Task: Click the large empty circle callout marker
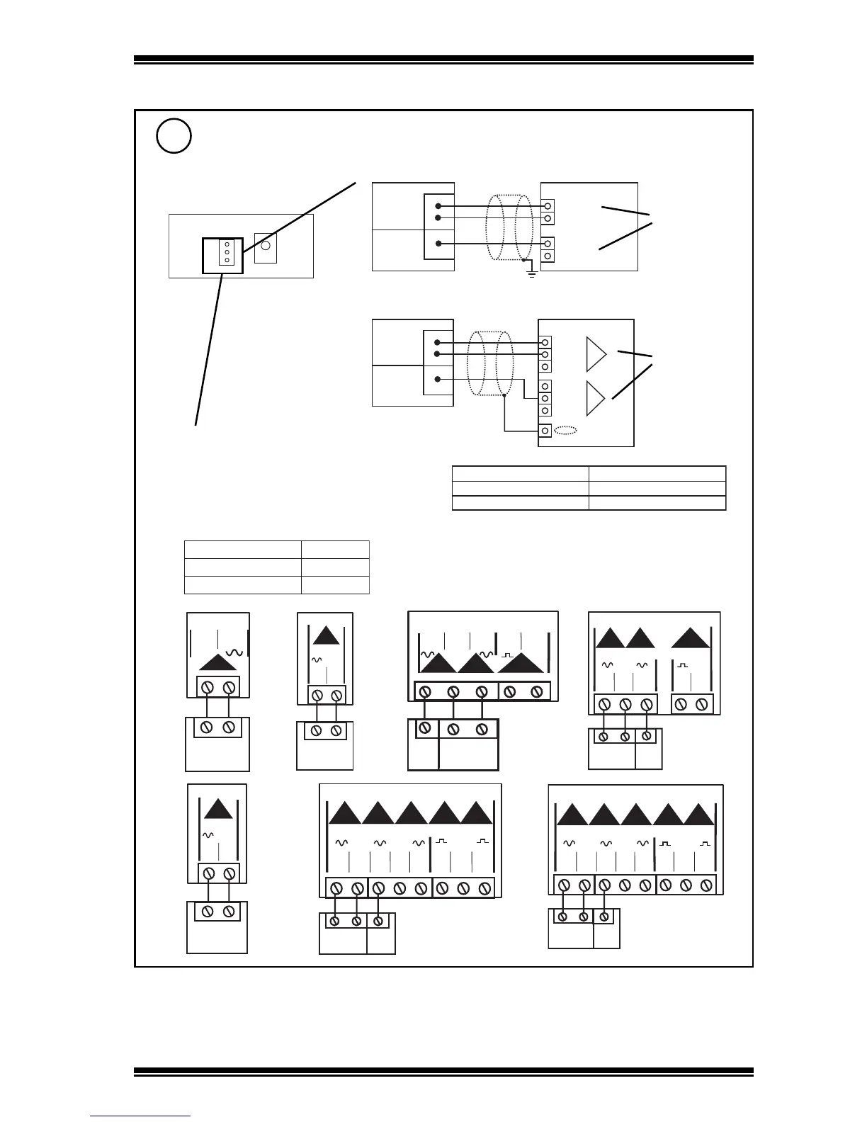[x=174, y=136]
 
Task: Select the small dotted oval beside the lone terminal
[x=565, y=430]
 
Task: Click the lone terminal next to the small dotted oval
[x=545, y=430]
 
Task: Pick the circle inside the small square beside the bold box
[x=266, y=246]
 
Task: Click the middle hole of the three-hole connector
[x=227, y=252]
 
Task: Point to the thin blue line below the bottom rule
[x=140, y=1116]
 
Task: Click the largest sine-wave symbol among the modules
[x=234, y=652]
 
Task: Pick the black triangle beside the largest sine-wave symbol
[x=218, y=662]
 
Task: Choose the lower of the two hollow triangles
[x=596, y=398]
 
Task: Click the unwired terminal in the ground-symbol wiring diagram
[x=548, y=255]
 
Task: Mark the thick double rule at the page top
[x=443, y=60]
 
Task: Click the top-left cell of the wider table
[x=521, y=473]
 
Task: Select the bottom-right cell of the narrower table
[x=335, y=585]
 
